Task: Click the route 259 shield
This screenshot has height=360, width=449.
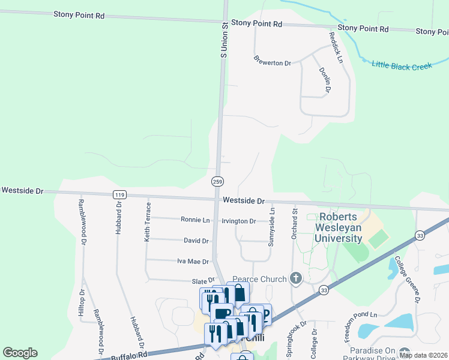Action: coord(218,181)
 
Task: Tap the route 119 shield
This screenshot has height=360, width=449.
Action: coord(119,194)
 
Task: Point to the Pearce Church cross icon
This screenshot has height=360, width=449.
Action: coord(295,278)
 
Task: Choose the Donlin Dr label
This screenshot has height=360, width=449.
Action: coord(325,80)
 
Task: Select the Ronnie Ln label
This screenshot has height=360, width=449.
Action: coord(195,220)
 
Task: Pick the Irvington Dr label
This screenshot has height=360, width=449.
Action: coord(239,221)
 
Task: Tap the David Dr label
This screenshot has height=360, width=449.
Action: coord(196,241)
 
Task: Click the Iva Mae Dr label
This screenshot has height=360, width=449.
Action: coord(193,262)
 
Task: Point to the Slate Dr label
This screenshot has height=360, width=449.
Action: coord(203,280)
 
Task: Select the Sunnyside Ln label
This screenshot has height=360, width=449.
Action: coord(272,227)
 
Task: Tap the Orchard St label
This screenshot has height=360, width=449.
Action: coord(295,223)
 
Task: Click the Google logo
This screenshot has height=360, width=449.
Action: coord(20,353)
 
